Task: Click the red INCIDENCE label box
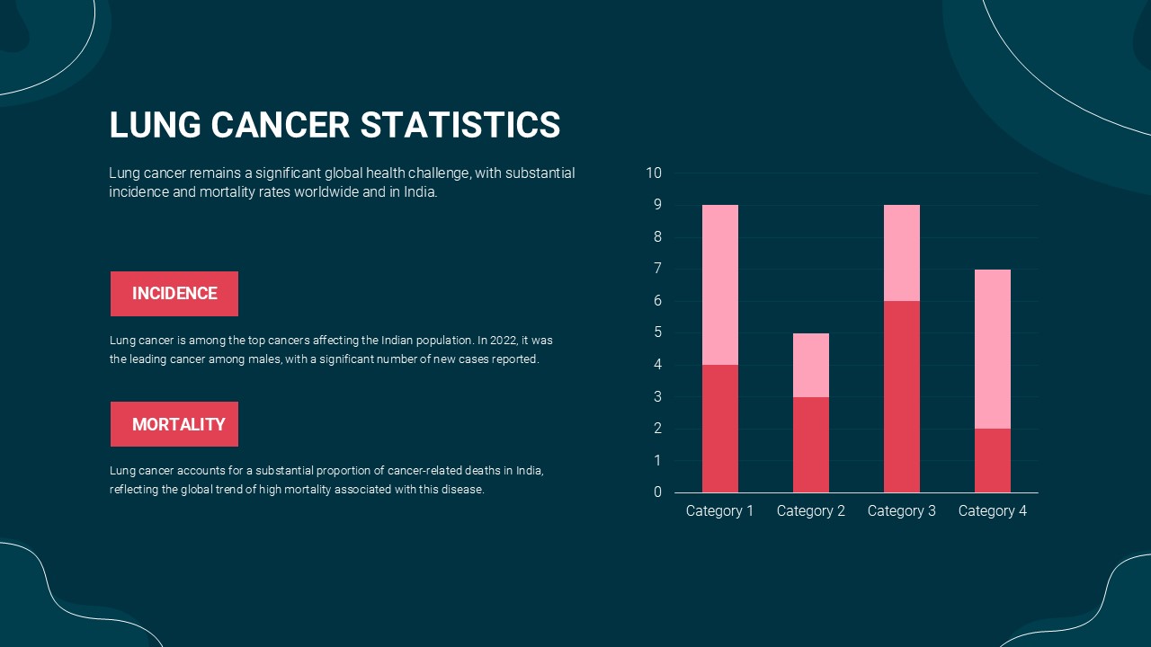pyautogui.click(x=174, y=294)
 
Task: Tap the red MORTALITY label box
pyautogui.click(x=174, y=424)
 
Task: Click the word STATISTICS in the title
pyautogui.click(x=460, y=125)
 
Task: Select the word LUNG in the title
pyautogui.click(x=155, y=125)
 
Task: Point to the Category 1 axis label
pyautogui.click(x=719, y=511)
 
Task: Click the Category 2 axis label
pyautogui.click(x=811, y=511)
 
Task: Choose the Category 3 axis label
pyautogui.click(x=902, y=511)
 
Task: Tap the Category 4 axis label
pyautogui.click(x=992, y=511)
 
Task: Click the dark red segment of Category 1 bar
pyautogui.click(x=720, y=429)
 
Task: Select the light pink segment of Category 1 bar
pyautogui.click(x=720, y=285)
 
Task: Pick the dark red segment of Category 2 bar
pyautogui.click(x=811, y=445)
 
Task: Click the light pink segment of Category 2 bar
pyautogui.click(x=811, y=365)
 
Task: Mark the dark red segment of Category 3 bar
pyautogui.click(x=902, y=396)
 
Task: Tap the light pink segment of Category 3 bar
pyautogui.click(x=902, y=253)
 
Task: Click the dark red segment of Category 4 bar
pyautogui.click(x=993, y=461)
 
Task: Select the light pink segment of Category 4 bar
pyautogui.click(x=993, y=350)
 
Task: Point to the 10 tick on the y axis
pyautogui.click(x=654, y=173)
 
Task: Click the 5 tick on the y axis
pyautogui.click(x=657, y=332)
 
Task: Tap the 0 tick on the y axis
pyautogui.click(x=657, y=492)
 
